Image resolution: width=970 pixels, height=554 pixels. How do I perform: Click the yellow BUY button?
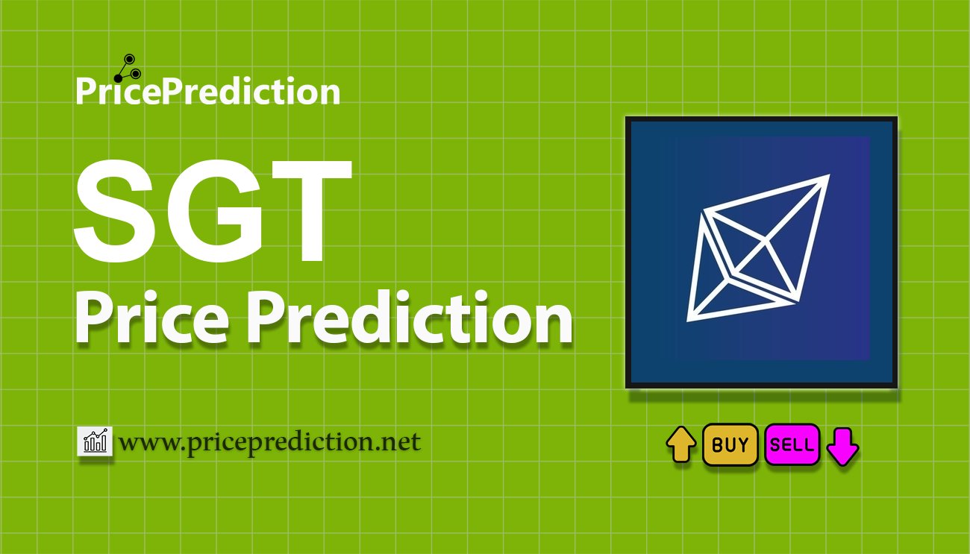[730, 445]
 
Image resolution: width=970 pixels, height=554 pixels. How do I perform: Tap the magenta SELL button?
[792, 445]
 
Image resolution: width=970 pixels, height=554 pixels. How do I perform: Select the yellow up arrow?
[680, 444]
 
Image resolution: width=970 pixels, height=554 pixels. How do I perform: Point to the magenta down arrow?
[843, 446]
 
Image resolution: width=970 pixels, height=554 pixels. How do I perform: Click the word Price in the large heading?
[153, 319]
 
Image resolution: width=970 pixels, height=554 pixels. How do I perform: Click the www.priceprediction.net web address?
[270, 443]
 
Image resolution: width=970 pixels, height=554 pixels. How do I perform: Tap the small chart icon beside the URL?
[95, 441]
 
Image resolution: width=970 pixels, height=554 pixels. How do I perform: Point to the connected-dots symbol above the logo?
[125, 67]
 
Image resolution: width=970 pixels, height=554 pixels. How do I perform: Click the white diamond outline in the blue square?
[757, 250]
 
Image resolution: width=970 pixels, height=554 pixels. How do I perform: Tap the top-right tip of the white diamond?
[827, 177]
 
